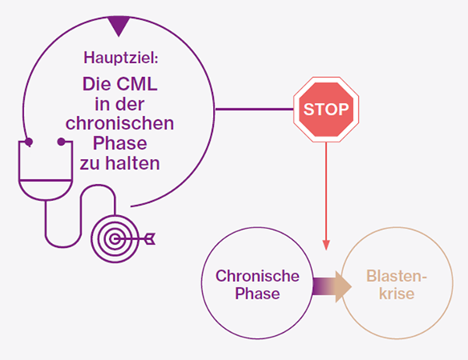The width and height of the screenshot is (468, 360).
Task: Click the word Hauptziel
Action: click(119, 58)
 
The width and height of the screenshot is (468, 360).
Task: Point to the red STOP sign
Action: click(326, 108)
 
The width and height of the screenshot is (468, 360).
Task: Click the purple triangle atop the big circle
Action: click(119, 25)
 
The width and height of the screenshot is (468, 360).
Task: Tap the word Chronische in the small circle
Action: click(252, 276)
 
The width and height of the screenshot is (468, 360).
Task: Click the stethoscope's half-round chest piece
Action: click(44, 190)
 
